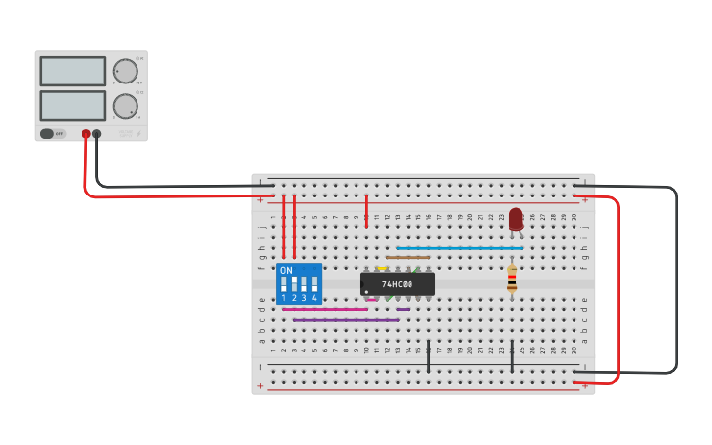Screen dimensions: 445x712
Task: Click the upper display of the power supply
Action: click(x=73, y=71)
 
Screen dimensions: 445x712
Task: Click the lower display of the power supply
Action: click(x=73, y=105)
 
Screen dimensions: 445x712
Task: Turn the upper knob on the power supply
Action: click(x=125, y=71)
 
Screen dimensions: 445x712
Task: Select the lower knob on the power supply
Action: click(x=125, y=106)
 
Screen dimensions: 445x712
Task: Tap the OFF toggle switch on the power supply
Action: click(x=53, y=133)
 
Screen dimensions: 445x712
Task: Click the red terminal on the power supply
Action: click(x=86, y=133)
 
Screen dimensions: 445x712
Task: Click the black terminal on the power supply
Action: click(x=96, y=133)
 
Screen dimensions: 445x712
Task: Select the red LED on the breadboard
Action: click(x=516, y=219)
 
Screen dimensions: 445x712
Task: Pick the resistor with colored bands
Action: click(x=511, y=280)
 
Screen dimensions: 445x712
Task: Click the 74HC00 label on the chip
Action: click(x=397, y=284)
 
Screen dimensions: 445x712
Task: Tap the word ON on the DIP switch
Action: click(x=286, y=270)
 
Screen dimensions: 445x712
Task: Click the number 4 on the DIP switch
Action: click(x=314, y=297)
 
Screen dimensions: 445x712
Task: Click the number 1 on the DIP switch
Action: click(x=284, y=297)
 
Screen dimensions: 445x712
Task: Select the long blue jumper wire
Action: click(x=460, y=248)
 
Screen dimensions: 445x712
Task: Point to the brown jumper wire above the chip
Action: click(x=408, y=257)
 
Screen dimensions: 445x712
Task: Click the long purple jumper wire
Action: click(x=346, y=320)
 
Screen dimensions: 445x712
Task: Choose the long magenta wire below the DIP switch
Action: click(x=324, y=309)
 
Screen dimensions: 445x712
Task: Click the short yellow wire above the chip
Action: click(x=382, y=268)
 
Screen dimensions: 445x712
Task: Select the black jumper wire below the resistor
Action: click(x=511, y=357)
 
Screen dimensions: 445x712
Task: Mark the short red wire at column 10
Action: click(x=366, y=210)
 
